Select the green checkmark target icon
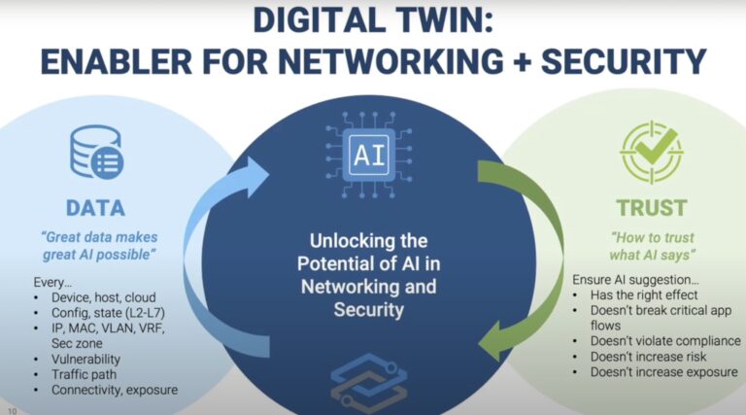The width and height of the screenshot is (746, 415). [650, 153]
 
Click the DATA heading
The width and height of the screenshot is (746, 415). [95, 208]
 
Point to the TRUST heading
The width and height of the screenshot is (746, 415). [651, 208]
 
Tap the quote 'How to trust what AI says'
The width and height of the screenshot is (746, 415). [651, 244]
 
